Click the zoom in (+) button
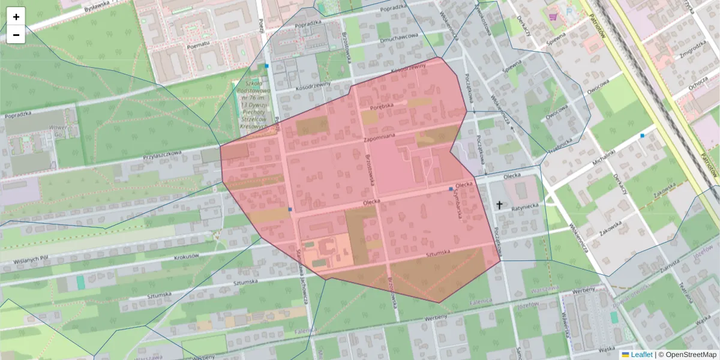coord(16,17)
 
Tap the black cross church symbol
coord(499,205)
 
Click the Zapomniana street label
coord(380,137)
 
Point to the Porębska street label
coord(381,107)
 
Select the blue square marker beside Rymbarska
coord(451,189)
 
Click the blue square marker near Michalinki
coord(642,136)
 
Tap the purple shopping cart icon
coord(552,17)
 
